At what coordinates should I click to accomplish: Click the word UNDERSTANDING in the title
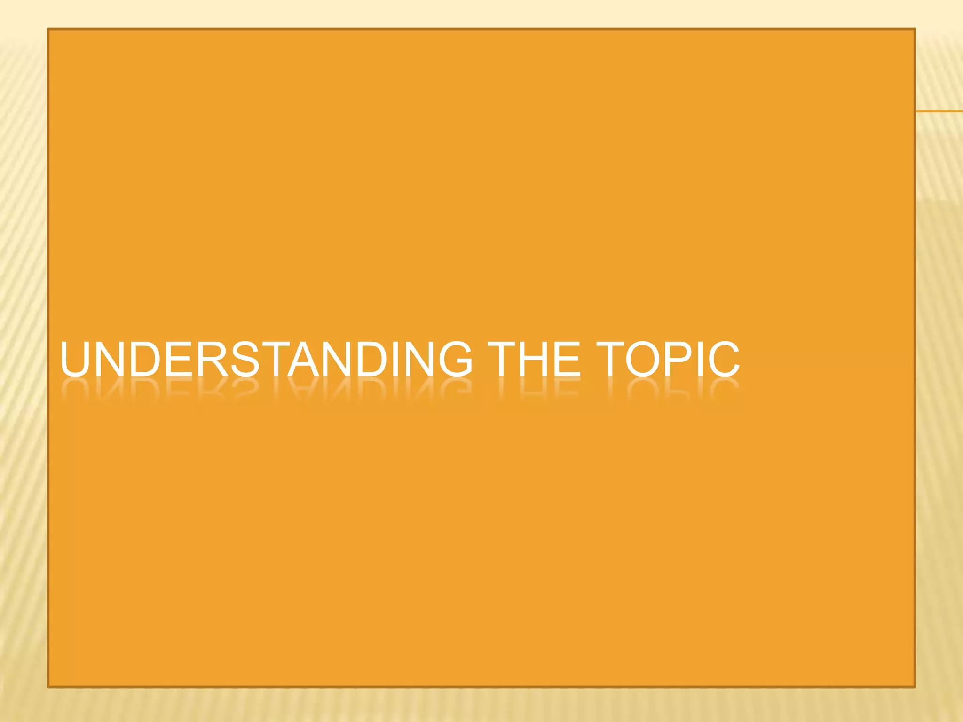266,360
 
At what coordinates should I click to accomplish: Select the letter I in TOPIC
703,360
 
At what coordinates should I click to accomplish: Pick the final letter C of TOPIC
725,360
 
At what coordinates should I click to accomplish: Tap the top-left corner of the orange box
48,29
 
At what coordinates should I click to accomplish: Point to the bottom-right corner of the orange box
915,687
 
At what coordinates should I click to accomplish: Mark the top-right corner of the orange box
915,29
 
